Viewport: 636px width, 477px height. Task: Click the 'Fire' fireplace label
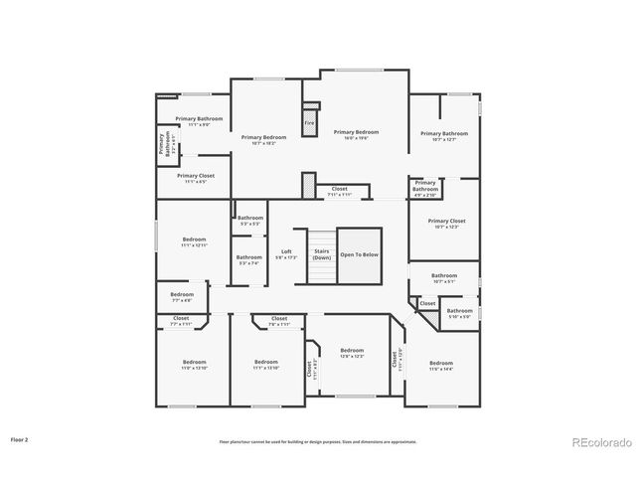pos(309,123)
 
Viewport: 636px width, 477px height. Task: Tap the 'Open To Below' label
pos(359,255)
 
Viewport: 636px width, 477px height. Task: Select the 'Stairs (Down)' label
pos(321,253)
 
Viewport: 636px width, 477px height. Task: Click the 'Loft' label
pos(286,253)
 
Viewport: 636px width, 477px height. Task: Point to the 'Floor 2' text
pos(19,438)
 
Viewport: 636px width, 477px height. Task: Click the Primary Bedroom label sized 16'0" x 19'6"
pos(356,134)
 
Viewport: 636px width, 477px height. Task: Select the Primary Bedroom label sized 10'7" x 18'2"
pos(263,139)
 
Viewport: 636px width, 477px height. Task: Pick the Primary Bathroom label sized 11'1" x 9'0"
pos(199,121)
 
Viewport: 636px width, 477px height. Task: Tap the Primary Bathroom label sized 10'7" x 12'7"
pos(443,135)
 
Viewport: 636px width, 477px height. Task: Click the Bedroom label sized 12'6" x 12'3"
pos(352,352)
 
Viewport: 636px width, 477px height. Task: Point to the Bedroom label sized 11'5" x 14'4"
pos(440,366)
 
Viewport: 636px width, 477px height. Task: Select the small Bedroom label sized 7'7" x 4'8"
pos(181,296)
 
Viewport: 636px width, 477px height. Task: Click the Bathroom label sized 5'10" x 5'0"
pos(459,313)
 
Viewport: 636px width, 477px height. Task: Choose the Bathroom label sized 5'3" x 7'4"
pos(248,260)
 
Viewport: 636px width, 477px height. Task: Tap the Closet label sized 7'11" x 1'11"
pos(339,191)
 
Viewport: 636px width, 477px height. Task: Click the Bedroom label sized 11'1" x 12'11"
pos(194,241)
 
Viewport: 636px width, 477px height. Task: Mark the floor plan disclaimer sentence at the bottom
pos(318,440)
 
